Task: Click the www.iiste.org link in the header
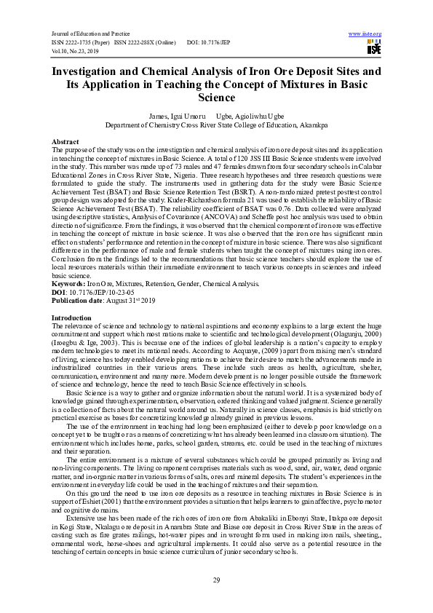coord(365,34)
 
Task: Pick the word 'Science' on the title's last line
coord(216,97)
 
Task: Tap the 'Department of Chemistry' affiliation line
coord(216,124)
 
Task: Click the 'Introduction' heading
coord(71,318)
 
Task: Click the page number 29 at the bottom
coord(216,580)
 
